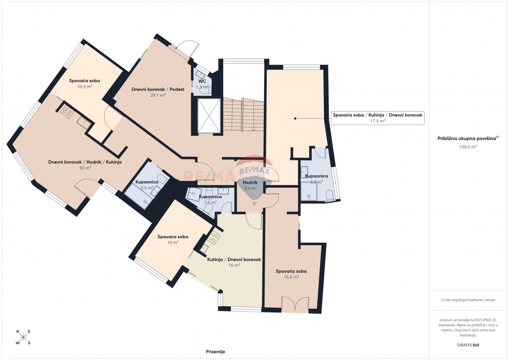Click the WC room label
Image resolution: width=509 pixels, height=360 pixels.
pos(202,81)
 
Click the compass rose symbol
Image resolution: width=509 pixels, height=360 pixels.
pos(23,337)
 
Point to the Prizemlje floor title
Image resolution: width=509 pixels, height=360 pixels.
pos(215,352)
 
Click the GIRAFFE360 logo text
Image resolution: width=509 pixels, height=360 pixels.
pos(468,345)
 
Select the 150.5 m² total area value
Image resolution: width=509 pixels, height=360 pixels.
pos(468,147)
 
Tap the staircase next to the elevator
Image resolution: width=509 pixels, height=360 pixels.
pos(243,115)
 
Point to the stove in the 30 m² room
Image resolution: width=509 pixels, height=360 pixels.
pos(66,112)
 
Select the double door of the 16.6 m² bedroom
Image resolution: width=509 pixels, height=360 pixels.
pos(294,305)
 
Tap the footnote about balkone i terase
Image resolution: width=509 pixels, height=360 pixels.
pos(468,300)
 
